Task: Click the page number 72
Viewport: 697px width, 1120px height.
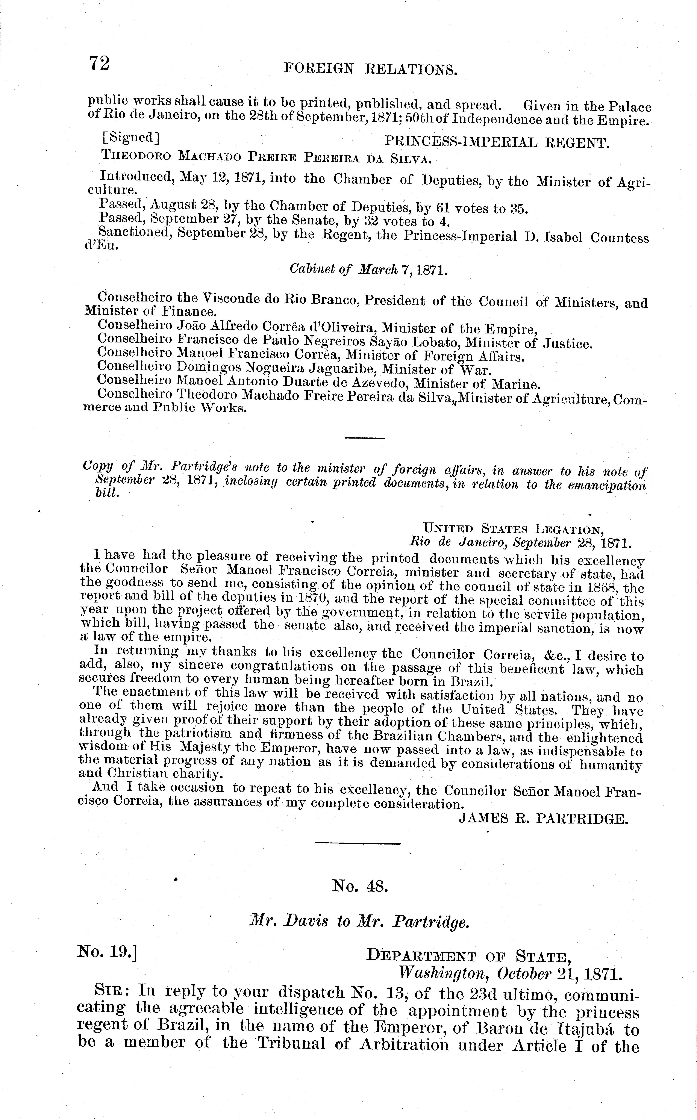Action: (100, 63)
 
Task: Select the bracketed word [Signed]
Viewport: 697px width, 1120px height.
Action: (131, 137)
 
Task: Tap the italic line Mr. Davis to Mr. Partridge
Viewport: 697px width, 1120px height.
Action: (359, 921)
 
